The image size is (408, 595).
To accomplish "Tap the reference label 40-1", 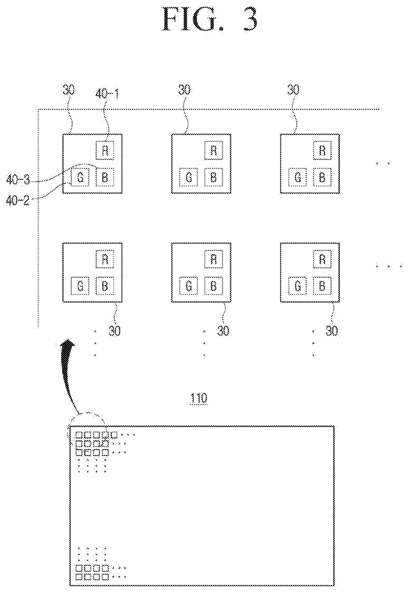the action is (107, 94).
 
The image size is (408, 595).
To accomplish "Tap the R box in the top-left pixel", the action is (105, 150).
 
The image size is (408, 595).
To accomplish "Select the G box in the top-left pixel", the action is (80, 177).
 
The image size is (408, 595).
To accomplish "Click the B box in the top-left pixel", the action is (105, 177).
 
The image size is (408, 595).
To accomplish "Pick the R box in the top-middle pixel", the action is (214, 150).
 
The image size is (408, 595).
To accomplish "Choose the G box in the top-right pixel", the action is (298, 177).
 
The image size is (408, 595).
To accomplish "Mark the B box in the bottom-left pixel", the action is (105, 286).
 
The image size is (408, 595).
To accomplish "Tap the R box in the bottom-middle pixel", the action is (214, 259).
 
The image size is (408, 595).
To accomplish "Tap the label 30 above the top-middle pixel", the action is (184, 90).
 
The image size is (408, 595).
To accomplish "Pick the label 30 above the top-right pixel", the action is (293, 90).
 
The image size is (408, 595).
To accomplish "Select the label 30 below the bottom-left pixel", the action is (115, 331).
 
